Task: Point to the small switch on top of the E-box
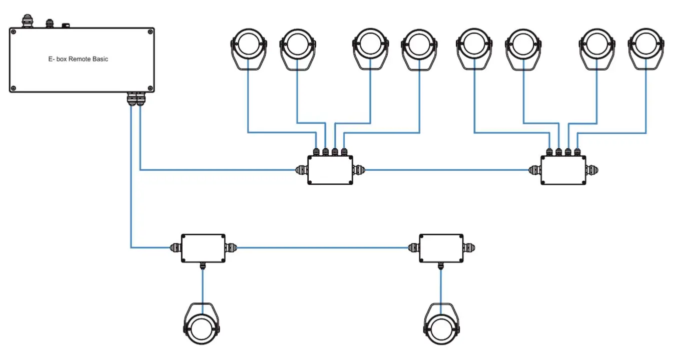(x=65, y=25)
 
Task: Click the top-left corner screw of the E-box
(x=14, y=32)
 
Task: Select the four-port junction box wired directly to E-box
(x=330, y=170)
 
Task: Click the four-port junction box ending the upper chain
(x=563, y=170)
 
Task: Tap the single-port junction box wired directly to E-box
(x=203, y=247)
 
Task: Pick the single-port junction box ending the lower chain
(x=441, y=247)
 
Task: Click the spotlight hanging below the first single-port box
(x=202, y=323)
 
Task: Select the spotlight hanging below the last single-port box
(x=441, y=323)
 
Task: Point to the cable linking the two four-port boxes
(x=445, y=170)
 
